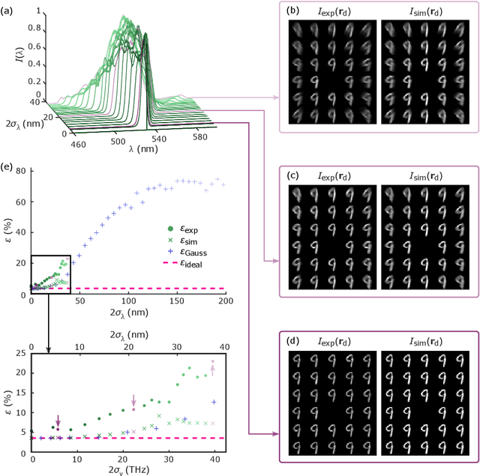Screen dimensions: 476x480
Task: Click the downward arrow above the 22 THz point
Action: click(133, 400)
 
